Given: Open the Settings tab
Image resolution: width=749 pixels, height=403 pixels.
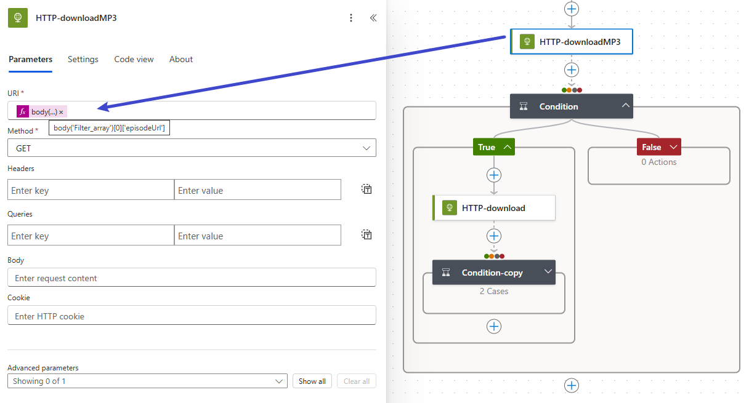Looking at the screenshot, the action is click(83, 60).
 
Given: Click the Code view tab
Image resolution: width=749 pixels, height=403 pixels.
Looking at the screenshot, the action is click(134, 60).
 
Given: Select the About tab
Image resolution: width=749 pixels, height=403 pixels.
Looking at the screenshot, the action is click(181, 60).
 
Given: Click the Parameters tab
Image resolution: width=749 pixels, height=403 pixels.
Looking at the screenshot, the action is click(30, 60).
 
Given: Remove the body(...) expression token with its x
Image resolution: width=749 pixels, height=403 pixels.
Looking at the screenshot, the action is click(61, 112).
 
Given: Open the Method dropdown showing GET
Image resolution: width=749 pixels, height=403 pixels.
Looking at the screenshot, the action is click(192, 148).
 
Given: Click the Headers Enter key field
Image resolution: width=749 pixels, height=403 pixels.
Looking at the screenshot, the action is click(91, 190).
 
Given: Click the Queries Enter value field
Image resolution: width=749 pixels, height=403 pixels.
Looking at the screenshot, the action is click(257, 236).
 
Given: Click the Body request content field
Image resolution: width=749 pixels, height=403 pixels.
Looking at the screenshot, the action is click(192, 277).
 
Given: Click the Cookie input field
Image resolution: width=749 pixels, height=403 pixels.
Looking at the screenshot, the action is click(192, 315).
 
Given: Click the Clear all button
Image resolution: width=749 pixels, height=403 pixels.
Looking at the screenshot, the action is click(357, 381).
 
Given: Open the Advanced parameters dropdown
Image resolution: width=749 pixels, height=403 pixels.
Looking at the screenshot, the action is click(147, 381).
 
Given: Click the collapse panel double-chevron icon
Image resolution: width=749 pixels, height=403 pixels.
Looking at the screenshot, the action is click(373, 18).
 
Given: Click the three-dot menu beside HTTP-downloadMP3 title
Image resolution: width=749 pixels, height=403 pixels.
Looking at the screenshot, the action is click(350, 18).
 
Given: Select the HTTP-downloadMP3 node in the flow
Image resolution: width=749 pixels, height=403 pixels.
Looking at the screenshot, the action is click(572, 42).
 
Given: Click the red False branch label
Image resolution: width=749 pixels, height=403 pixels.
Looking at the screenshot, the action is click(658, 147).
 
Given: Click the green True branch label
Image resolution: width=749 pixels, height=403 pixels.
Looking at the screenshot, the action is click(493, 147).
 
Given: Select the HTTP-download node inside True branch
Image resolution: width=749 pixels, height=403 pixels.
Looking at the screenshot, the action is click(494, 208).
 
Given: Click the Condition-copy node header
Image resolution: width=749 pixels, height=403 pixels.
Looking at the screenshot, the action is click(494, 273).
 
